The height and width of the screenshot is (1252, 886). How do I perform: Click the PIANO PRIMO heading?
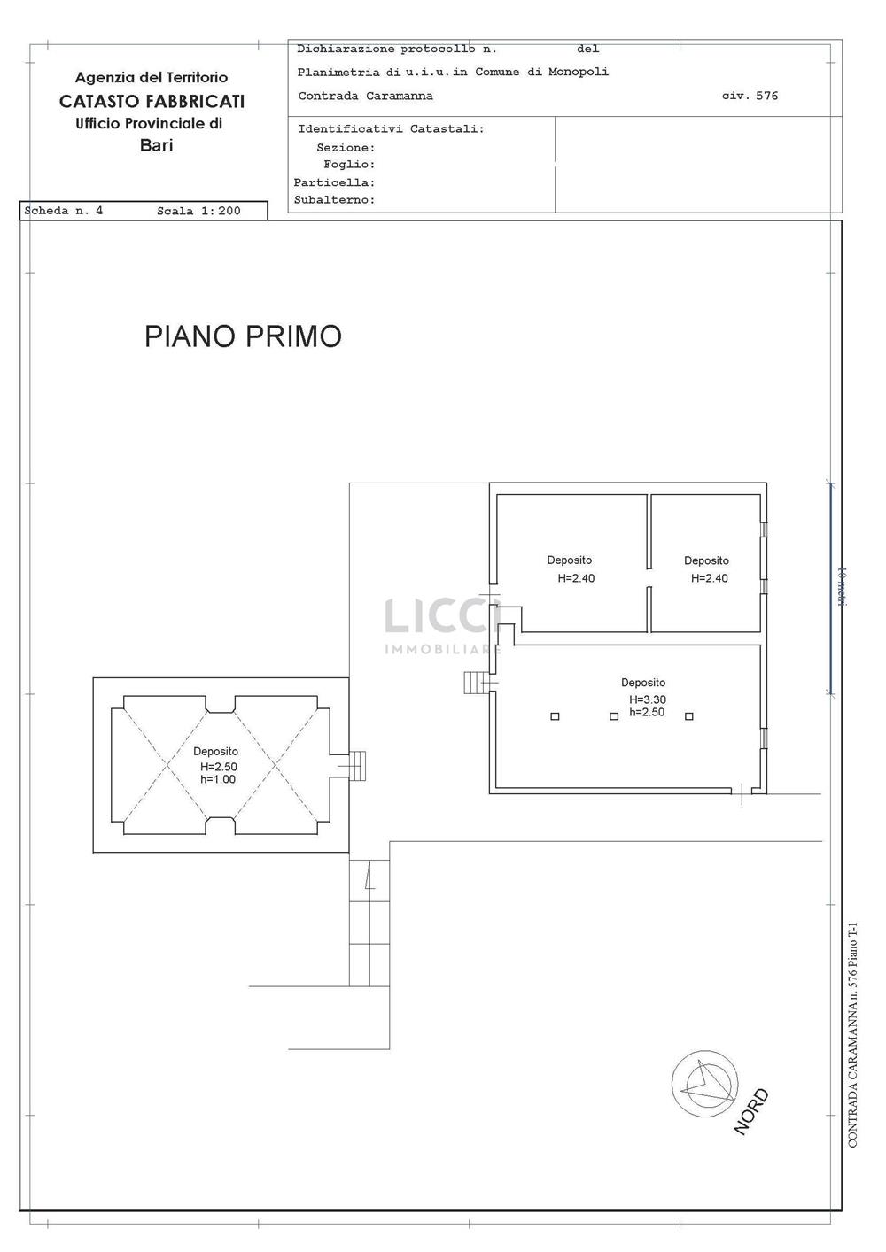(x=243, y=336)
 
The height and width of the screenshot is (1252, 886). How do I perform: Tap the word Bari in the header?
(x=156, y=145)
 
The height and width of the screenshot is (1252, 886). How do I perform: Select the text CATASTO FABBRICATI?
(x=152, y=101)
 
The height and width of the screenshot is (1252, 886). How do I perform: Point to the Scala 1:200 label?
(x=198, y=211)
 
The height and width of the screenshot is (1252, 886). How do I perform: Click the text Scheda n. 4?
(x=63, y=211)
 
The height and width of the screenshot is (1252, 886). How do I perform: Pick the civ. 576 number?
(x=750, y=96)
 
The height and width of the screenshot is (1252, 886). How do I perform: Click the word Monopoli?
(x=579, y=72)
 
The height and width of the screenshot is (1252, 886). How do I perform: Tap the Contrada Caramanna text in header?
(x=365, y=96)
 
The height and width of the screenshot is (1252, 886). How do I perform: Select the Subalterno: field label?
(x=335, y=199)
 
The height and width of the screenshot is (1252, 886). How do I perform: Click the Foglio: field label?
(x=349, y=165)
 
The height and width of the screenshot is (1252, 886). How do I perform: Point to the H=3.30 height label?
(x=648, y=699)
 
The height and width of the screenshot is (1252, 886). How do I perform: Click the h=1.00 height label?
(x=218, y=779)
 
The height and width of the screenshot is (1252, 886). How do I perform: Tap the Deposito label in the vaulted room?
(x=216, y=752)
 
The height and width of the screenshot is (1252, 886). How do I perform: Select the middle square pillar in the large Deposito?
(x=614, y=716)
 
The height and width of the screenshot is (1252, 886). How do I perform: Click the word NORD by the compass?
(x=751, y=1112)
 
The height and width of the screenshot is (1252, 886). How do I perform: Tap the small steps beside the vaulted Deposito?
(x=357, y=766)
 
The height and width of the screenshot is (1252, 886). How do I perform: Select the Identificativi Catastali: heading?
(x=391, y=129)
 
